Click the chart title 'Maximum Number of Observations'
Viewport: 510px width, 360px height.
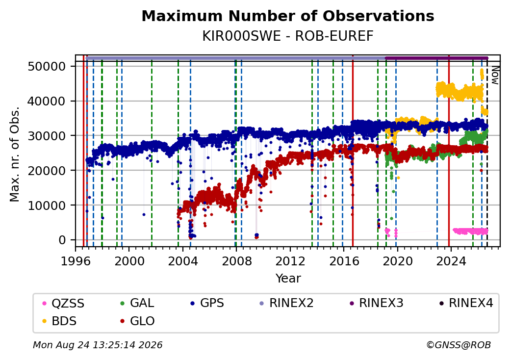coord(288,16)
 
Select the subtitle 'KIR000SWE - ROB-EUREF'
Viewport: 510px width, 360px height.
coord(288,36)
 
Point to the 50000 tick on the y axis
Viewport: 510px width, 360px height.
coord(47,67)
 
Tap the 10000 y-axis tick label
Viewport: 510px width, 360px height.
coord(47,206)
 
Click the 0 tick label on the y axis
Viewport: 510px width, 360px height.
coord(62,240)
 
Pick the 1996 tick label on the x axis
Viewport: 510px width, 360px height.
coord(76,261)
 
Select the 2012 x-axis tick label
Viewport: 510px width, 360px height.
coord(290,261)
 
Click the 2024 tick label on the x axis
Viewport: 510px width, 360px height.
coord(451,261)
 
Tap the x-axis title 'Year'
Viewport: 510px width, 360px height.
coord(288,279)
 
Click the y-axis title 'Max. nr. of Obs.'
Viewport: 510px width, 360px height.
coord(15,154)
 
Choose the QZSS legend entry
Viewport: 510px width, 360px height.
coord(63,304)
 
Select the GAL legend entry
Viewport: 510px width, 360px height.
coord(137,303)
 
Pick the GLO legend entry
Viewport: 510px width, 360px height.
coord(137,321)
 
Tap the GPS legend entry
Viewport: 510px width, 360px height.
coord(207,303)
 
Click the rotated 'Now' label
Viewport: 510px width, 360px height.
coord(495,75)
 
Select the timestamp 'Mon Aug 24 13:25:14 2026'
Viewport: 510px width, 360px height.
coord(98,345)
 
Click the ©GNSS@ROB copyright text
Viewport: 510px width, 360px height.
coord(459,345)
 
